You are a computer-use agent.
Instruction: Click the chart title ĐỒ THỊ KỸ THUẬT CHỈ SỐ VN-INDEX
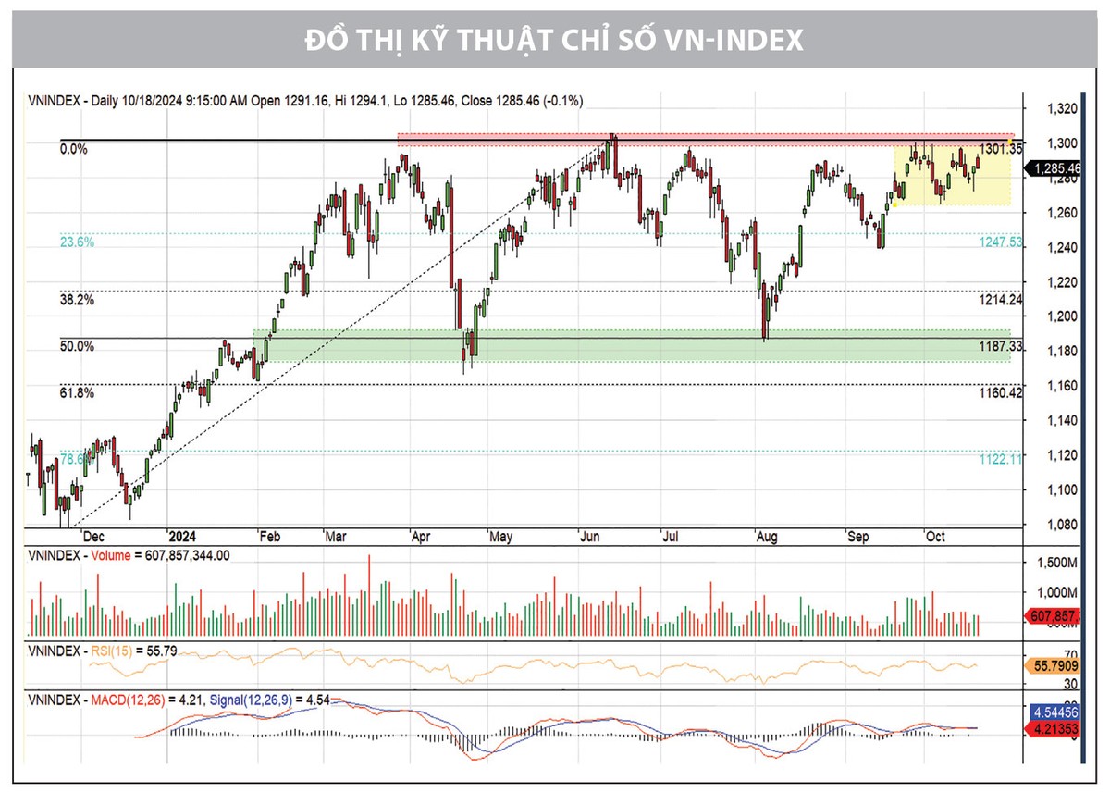click(x=554, y=42)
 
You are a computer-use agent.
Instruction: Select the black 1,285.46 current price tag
click(x=1055, y=168)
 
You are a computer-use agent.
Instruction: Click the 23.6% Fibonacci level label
click(x=77, y=242)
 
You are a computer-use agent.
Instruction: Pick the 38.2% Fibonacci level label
click(x=77, y=300)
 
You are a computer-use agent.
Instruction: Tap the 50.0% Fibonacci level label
click(x=77, y=346)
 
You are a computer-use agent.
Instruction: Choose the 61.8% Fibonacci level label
click(x=77, y=393)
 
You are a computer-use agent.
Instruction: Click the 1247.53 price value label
click(x=1000, y=242)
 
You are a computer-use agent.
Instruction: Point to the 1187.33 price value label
click(x=1000, y=346)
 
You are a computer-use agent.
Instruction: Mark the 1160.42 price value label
click(x=1000, y=393)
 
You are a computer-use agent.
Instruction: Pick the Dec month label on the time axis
click(x=92, y=537)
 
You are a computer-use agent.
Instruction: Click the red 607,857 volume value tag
click(x=1054, y=615)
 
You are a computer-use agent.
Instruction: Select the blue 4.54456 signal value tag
click(x=1054, y=712)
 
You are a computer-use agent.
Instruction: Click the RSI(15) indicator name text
click(x=111, y=651)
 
